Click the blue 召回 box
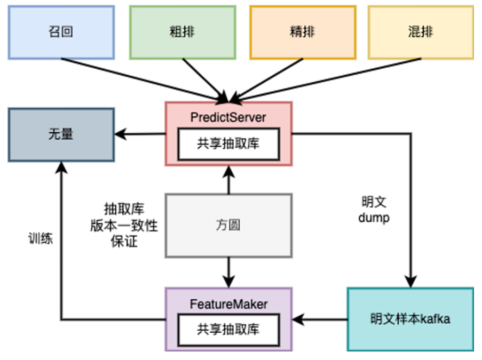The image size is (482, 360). coord(61,32)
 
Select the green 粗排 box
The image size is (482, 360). coord(182,32)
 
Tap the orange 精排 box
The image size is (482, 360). coord(302,32)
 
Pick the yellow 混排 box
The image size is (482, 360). coord(421,32)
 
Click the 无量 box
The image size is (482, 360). coord(61,134)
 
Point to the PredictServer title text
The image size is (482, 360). coord(228,117)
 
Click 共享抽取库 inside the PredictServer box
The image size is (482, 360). coord(228,143)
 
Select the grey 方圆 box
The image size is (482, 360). coord(228,225)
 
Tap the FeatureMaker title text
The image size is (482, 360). coord(228,304)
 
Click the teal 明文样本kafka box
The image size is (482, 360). coord(410,319)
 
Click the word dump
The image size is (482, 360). coord(374,218)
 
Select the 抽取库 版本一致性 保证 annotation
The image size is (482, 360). coord(124,225)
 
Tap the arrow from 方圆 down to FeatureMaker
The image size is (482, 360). coord(228,272)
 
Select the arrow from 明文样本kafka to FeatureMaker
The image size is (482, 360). coord(320,319)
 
